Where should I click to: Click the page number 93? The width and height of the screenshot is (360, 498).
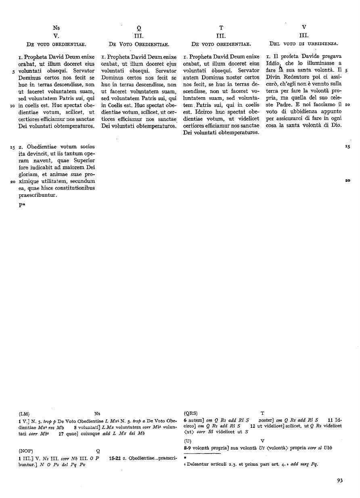point(339,480)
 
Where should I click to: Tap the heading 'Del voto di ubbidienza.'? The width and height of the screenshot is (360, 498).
point(303,43)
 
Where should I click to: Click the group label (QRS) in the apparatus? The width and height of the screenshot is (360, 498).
point(190,413)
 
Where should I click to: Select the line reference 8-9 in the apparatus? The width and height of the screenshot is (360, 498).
point(188,448)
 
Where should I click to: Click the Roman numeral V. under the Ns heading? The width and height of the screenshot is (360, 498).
point(57,36)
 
